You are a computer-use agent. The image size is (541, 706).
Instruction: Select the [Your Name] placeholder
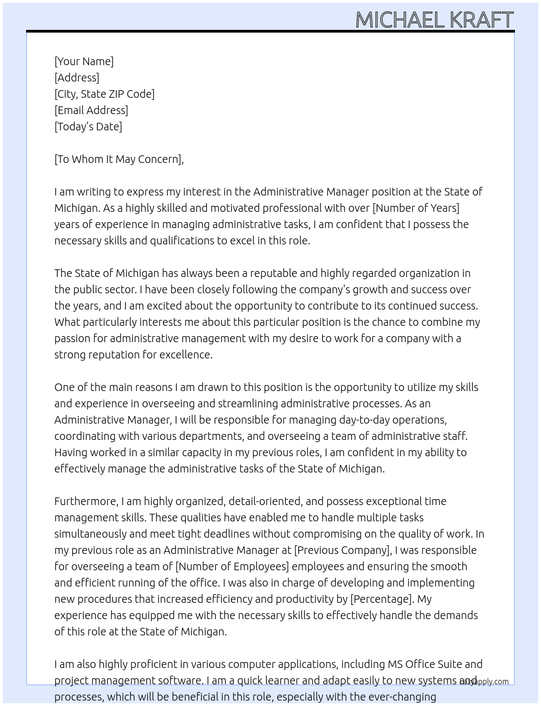click(x=84, y=61)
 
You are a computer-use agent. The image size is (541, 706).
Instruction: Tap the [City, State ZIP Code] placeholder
click(x=104, y=94)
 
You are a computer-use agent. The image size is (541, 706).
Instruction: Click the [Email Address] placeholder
click(x=91, y=110)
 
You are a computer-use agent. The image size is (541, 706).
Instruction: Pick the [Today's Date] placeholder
click(x=88, y=127)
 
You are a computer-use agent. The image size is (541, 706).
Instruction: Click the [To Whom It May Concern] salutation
click(x=118, y=159)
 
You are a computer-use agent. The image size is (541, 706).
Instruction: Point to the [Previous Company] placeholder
click(x=342, y=550)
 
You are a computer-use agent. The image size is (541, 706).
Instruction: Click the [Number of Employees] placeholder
click(x=232, y=566)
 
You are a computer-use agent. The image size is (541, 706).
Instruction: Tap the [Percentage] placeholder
click(x=381, y=599)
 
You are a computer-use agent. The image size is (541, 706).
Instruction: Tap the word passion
click(x=72, y=338)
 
